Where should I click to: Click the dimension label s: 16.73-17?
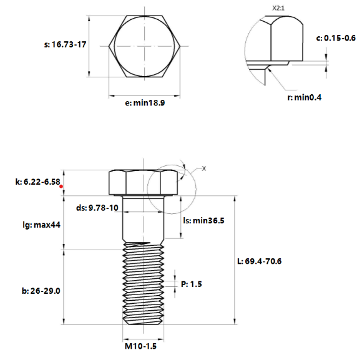click(x=64, y=45)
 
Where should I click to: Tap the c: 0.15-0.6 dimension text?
click(x=336, y=38)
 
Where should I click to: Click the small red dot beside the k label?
click(x=61, y=186)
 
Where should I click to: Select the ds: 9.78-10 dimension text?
click(x=97, y=208)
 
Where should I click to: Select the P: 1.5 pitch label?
click(x=192, y=284)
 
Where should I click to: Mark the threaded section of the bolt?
click(x=144, y=284)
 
